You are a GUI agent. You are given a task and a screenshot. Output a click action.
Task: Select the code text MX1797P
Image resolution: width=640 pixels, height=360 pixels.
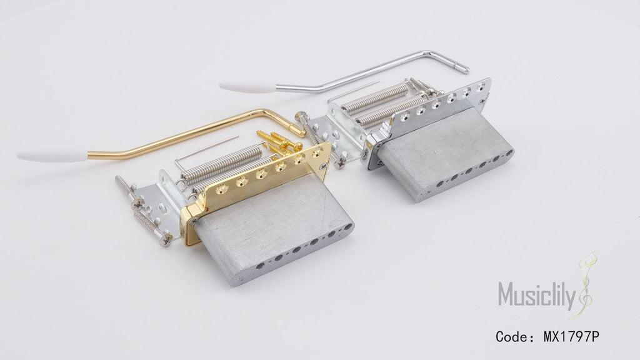point(571,337)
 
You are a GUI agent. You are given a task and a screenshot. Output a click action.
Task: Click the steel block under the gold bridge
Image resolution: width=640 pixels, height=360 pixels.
point(274,229)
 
